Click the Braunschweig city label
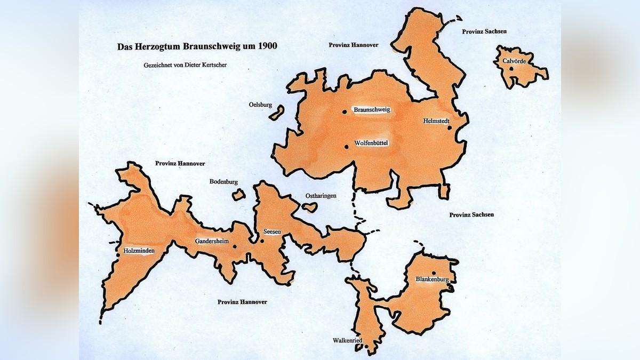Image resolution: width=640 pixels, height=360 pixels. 372,109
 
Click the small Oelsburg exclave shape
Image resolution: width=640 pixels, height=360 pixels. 277,114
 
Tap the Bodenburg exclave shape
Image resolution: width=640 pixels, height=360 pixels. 238,195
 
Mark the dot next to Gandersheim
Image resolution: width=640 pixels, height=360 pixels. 234,247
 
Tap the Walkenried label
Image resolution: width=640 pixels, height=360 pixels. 348,340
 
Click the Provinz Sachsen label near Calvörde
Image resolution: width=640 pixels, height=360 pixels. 484,31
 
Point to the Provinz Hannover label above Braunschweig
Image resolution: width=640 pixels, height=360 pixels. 353,45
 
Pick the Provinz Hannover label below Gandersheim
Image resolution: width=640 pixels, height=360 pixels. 242,302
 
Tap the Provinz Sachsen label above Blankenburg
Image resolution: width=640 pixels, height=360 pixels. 471,214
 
